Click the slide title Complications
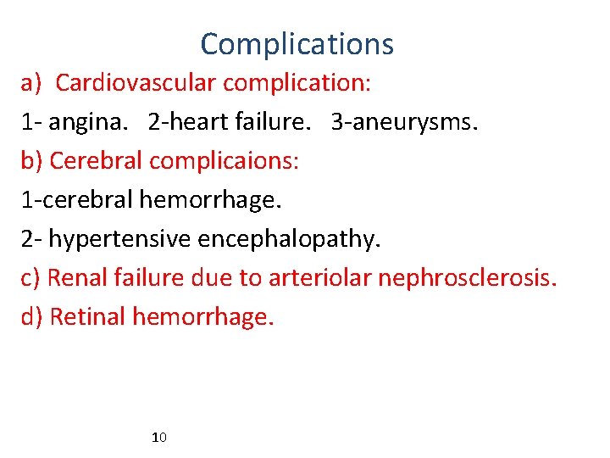(297, 43)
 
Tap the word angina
(90, 123)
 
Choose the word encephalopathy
(289, 239)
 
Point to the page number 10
(158, 438)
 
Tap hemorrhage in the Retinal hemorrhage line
(204, 317)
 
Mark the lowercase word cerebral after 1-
(82, 200)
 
